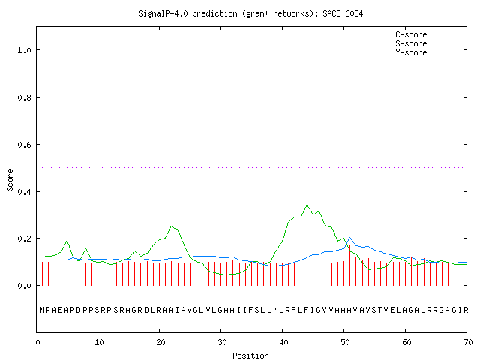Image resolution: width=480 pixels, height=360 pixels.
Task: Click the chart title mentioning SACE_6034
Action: [x=250, y=13]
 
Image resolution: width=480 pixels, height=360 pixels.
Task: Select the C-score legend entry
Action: [x=427, y=34]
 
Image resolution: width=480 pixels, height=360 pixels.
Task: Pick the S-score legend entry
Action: [x=427, y=43]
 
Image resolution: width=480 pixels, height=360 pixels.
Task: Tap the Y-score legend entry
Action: [x=427, y=52]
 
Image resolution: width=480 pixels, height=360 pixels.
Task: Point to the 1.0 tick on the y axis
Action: [x=25, y=50]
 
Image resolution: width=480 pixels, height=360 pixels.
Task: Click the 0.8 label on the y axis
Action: [x=25, y=97]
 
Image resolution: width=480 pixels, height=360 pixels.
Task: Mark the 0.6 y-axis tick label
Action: [x=25, y=145]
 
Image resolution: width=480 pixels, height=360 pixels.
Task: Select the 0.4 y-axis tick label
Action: [x=25, y=192]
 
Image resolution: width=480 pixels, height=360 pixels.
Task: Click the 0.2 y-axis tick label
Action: [x=25, y=238]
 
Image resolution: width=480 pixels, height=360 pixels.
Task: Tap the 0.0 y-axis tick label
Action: [x=25, y=286]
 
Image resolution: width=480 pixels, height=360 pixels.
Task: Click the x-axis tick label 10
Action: [x=99, y=342]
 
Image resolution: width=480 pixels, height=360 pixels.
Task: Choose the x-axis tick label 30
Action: [x=222, y=342]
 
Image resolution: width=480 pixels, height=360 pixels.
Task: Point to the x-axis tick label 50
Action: [x=345, y=342]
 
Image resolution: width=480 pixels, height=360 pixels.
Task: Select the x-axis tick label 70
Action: [x=468, y=342]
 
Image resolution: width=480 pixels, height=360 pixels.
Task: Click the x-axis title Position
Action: [x=250, y=355]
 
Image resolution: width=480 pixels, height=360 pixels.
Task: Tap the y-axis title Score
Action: [x=10, y=180]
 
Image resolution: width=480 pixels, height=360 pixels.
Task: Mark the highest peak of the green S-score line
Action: [x=307, y=205]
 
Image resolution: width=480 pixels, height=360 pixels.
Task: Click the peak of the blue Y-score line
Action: [x=350, y=237]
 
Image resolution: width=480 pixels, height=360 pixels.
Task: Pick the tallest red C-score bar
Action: [x=350, y=265]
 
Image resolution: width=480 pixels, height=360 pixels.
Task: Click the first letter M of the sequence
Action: [x=42, y=310]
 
